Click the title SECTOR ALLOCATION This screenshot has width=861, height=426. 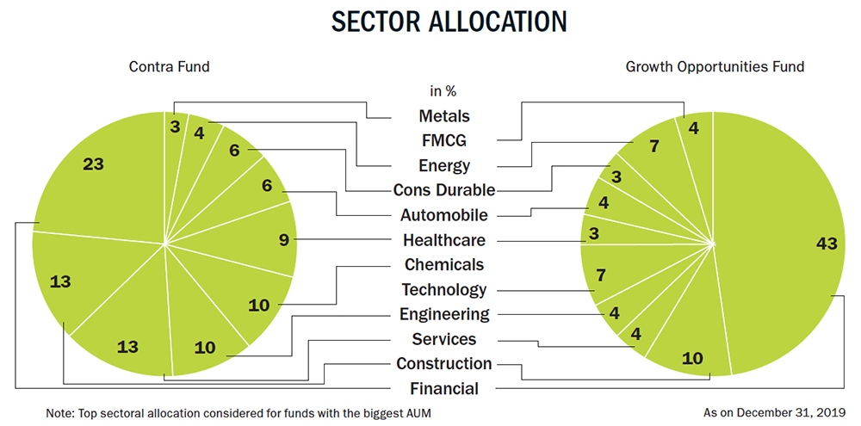tap(449, 22)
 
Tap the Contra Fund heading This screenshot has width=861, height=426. tap(169, 67)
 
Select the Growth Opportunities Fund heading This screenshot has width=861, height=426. tap(715, 67)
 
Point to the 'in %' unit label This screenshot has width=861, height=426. tap(443, 91)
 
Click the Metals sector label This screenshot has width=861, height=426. tap(444, 116)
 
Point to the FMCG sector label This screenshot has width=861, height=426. tap(444, 140)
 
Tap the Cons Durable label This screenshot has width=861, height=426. tap(444, 190)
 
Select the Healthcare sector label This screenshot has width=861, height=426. tap(444, 240)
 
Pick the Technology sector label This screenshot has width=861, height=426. tap(444, 289)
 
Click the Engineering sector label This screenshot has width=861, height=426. tap(444, 314)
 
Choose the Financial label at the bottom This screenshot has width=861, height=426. tap(444, 389)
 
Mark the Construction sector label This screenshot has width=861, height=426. tap(444, 363)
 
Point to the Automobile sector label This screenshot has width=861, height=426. tap(444, 214)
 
